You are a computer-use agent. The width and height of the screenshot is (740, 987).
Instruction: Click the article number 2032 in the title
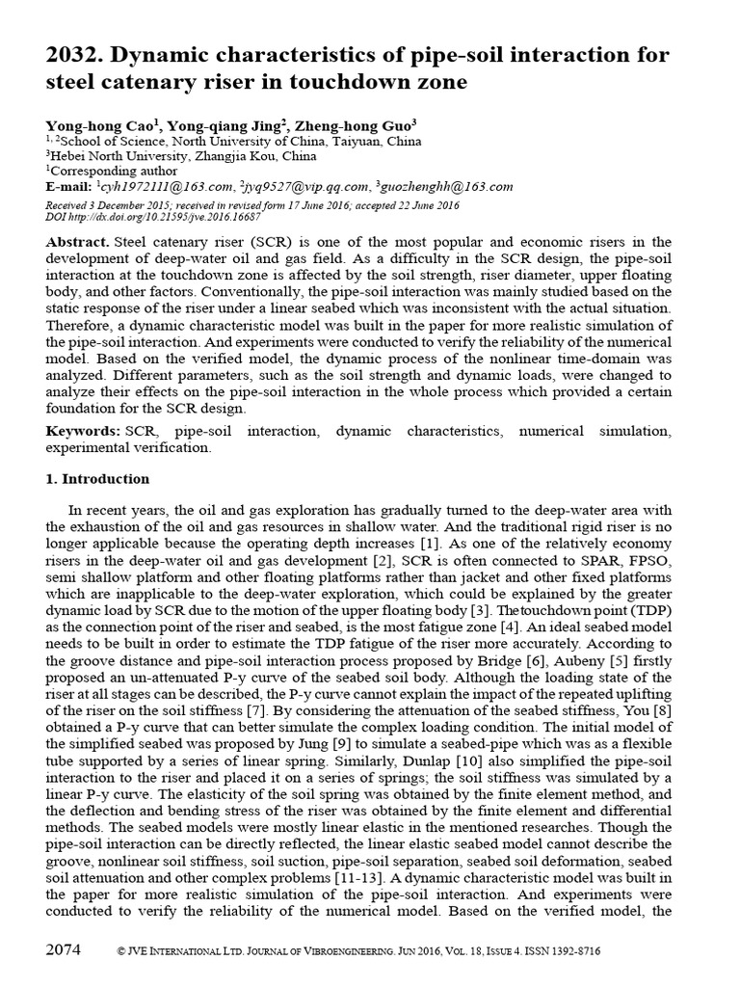point(73,55)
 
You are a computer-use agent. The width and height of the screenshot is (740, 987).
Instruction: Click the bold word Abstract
point(77,242)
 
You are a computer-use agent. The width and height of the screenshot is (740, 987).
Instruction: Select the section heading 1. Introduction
point(98,479)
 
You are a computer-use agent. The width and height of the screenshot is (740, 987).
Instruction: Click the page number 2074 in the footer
point(64,949)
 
